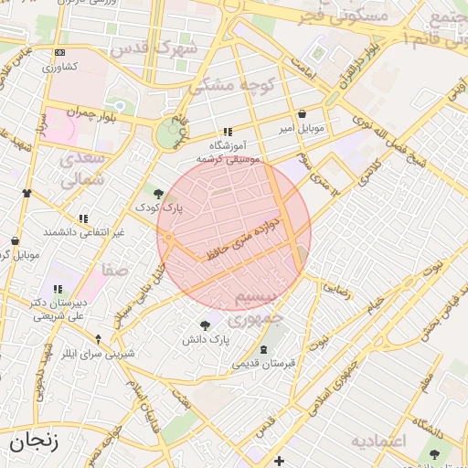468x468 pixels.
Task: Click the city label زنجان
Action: [34, 443]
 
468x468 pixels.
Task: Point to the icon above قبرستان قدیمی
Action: [264, 351]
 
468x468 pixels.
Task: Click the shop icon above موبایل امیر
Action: [303, 114]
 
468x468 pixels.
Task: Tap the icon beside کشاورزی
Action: [60, 53]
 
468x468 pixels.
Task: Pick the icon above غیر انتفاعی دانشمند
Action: [83, 218]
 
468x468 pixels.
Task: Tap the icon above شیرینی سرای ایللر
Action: [98, 339]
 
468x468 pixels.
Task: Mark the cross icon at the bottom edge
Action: [279, 460]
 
